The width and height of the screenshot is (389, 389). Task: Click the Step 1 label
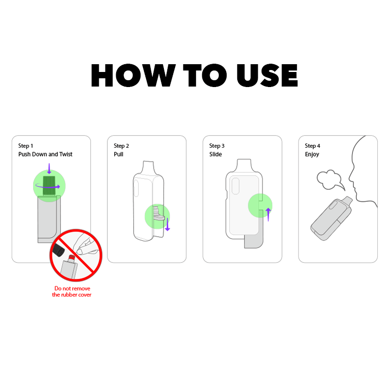[26, 146]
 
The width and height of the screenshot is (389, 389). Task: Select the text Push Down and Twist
[45, 155]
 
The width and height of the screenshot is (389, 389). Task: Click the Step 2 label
[122, 146]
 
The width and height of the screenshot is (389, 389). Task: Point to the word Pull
[119, 155]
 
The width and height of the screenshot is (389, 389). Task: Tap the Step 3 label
[217, 146]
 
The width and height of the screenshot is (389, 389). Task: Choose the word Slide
[215, 155]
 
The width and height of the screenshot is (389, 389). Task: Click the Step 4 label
[313, 146]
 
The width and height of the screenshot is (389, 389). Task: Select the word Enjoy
[312, 155]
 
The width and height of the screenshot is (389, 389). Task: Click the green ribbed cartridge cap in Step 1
[49, 187]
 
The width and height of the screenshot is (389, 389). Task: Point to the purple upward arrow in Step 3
[268, 214]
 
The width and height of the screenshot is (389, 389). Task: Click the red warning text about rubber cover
[72, 291]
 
